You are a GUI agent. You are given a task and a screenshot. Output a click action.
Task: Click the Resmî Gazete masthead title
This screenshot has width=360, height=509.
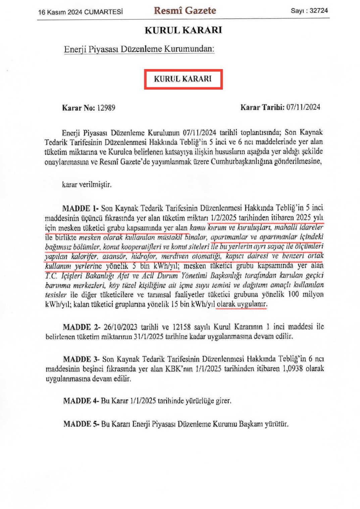185,10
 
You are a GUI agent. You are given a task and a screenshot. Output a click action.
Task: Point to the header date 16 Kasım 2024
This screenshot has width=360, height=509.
60,12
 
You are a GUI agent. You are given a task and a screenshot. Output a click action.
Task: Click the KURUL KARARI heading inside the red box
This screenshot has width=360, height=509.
183,79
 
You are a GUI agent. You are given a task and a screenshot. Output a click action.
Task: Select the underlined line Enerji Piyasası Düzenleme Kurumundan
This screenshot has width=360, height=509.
139,49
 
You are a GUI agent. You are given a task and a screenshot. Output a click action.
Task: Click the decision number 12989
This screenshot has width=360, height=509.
106,108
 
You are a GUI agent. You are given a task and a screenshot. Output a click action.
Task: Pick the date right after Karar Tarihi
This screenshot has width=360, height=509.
303,107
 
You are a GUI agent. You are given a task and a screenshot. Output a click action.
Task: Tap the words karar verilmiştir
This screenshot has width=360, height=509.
87,184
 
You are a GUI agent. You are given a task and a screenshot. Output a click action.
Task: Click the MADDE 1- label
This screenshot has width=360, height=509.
80,208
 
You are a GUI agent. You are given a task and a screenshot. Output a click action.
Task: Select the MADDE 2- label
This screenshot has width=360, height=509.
81,327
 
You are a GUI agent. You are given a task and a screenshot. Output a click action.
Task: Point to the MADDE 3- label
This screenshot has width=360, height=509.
81,359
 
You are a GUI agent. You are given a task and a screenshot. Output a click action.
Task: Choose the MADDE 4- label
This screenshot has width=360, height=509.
81,401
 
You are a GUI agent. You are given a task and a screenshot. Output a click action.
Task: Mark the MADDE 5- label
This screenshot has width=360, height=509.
81,424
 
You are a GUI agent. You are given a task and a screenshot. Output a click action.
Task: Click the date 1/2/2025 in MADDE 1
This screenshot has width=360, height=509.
224,217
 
